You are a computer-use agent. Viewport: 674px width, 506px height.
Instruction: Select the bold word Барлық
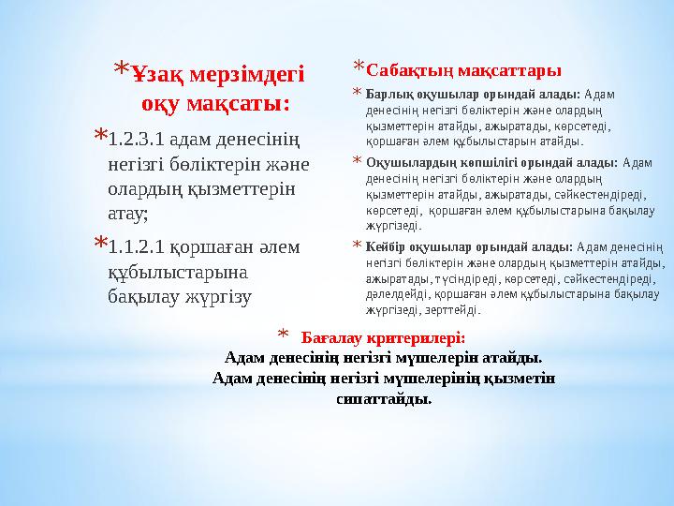(x=385, y=96)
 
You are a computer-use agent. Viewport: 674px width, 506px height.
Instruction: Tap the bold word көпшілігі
(x=469, y=162)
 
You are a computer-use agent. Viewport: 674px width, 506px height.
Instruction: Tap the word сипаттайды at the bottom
(x=384, y=399)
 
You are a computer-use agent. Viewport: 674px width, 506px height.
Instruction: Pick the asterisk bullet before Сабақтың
(x=359, y=67)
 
